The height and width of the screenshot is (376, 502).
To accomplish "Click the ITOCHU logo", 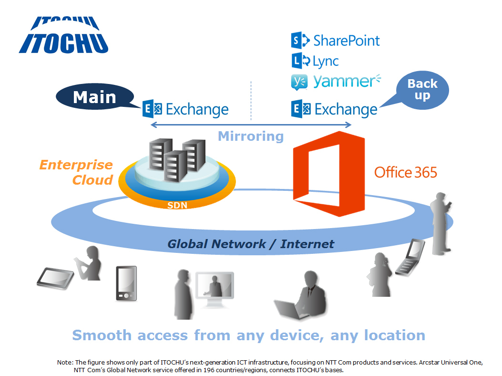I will tap(64, 36).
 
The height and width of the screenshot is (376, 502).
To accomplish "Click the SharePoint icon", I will tap(299, 41).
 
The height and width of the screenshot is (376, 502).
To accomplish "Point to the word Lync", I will tap(326, 61).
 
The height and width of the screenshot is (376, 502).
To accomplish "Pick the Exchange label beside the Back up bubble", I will tap(346, 110).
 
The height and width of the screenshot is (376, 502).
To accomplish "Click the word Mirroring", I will tap(251, 136).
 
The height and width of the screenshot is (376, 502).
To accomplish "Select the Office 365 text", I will tap(405, 172).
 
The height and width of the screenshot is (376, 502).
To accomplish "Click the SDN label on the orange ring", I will tap(177, 205).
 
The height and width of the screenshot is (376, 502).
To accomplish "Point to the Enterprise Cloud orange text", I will tap(76, 172).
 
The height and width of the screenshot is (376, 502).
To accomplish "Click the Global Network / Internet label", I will tap(251, 244).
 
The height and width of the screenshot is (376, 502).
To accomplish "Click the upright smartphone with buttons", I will tap(126, 283).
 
